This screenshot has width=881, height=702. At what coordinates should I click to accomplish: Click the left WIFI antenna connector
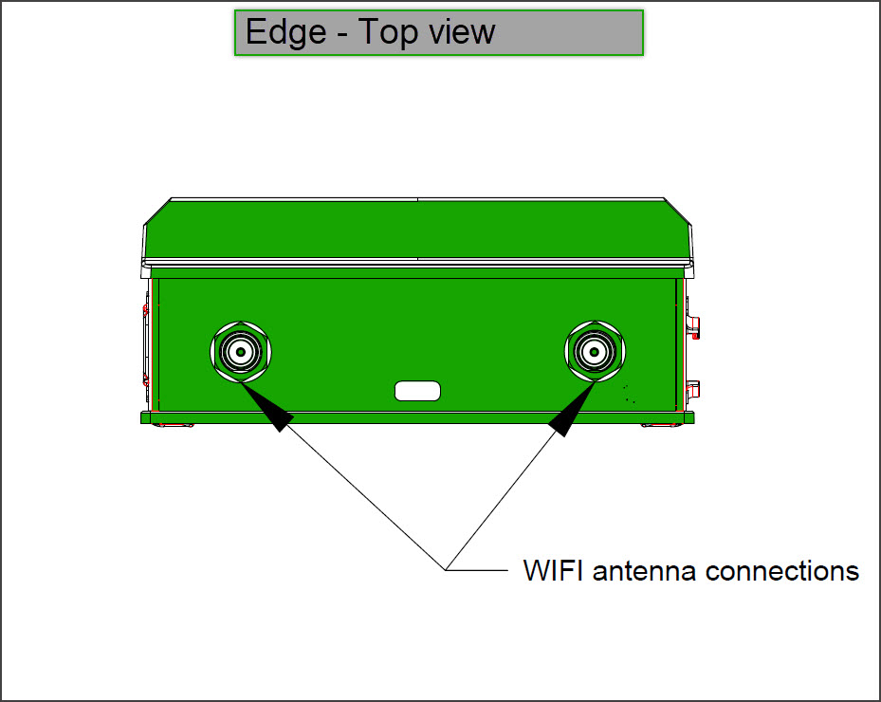coord(241,352)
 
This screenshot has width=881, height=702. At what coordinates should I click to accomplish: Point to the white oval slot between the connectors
coord(417,390)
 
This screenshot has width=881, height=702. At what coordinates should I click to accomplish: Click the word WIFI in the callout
coord(554,571)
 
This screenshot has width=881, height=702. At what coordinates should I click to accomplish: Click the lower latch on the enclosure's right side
coord(692,387)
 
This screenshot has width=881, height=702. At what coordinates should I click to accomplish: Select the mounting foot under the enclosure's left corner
coord(174,424)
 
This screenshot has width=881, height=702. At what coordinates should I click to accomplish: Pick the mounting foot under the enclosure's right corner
coord(660,424)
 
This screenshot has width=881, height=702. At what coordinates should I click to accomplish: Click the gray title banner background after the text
coord(569,32)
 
